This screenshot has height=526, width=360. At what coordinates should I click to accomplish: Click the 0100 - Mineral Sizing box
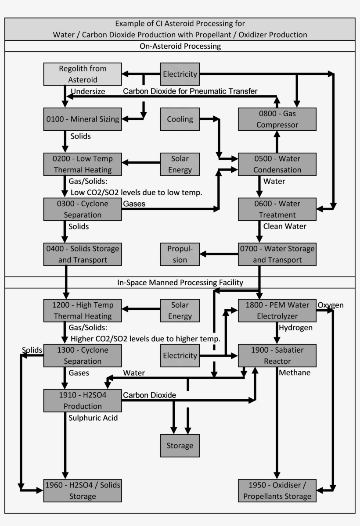83,119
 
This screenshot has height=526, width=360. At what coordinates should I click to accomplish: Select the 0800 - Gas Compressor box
277,119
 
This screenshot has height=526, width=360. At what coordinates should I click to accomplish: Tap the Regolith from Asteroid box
83,74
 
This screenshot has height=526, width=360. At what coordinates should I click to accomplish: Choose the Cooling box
180,119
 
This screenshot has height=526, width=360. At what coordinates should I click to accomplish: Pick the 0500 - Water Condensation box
277,164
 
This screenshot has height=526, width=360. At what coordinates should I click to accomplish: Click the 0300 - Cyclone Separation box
83,209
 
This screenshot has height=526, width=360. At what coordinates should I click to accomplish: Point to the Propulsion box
180,254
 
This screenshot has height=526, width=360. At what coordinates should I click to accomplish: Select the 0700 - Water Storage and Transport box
277,254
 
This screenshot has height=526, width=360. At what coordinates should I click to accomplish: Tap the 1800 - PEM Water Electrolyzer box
277,310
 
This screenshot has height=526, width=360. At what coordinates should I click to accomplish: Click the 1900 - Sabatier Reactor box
277,355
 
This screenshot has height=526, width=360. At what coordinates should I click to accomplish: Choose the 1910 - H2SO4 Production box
83,400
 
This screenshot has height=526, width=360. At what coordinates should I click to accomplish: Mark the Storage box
180,446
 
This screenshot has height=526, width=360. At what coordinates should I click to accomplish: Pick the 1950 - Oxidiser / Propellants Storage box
277,490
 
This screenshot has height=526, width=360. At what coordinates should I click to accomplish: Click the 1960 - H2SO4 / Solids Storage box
83,490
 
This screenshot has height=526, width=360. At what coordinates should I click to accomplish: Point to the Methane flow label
295,372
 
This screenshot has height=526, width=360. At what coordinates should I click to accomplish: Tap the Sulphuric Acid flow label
93,418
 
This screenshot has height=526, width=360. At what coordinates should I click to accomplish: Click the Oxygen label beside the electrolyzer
331,305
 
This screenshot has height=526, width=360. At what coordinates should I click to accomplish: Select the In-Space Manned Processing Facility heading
180,283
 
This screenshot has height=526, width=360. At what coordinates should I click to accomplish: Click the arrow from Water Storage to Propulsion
219,254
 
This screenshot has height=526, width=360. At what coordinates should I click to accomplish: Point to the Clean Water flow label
284,226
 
